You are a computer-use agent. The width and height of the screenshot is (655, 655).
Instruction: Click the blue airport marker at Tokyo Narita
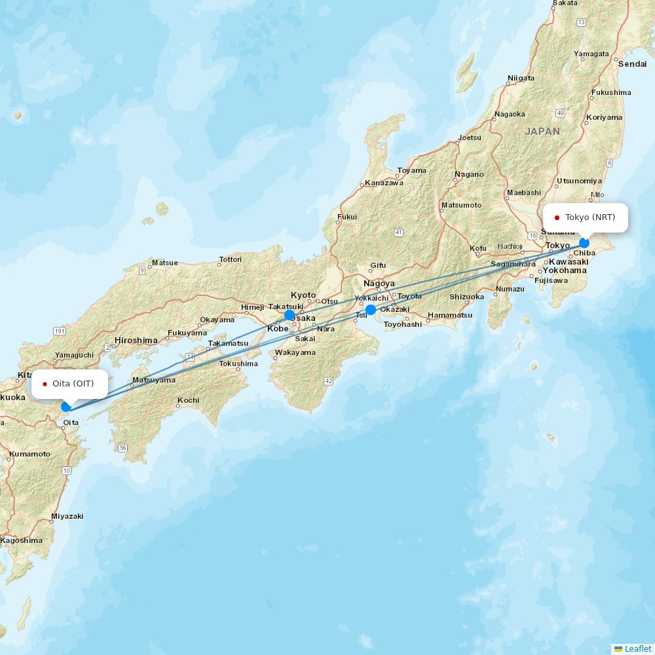(584, 243)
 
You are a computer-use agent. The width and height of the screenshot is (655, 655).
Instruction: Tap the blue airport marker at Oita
(66, 407)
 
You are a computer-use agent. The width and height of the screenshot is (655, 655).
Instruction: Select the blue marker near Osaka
(290, 315)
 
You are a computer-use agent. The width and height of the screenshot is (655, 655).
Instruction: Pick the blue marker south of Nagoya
(371, 310)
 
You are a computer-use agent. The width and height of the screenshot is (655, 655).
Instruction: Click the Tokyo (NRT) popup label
(586, 217)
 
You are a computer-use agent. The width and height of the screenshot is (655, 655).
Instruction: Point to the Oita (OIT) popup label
(69, 384)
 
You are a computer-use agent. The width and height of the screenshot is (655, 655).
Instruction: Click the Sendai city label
(632, 64)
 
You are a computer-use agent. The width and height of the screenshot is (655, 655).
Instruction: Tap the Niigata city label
(521, 78)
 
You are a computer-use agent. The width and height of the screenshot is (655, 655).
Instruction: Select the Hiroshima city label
(136, 341)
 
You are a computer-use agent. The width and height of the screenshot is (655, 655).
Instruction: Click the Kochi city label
(188, 400)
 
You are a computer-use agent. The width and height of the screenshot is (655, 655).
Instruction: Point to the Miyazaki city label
(67, 516)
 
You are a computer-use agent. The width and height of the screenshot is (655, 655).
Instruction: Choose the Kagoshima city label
(22, 540)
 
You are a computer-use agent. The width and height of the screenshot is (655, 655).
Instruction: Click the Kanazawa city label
(384, 183)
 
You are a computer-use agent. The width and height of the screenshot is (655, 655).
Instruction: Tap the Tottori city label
(231, 259)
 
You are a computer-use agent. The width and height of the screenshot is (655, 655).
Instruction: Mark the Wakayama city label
(295, 352)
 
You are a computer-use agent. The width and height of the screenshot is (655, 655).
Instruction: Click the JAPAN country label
(542, 131)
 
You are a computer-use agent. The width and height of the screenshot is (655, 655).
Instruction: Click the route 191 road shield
(60, 331)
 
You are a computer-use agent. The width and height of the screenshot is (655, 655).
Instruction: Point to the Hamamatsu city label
(450, 315)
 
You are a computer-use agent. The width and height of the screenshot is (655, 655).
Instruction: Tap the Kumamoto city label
(29, 454)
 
